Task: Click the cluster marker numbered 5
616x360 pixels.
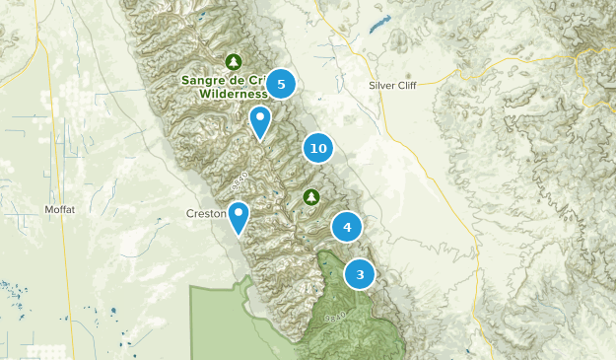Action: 281,85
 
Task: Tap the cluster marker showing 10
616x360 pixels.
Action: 317,149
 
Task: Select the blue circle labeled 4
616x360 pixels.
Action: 347,227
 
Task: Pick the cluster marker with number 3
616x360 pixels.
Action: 360,274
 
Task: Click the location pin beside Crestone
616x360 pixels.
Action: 239,217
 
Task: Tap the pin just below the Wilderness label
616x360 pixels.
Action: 260,121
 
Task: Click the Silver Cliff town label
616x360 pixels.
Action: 392,86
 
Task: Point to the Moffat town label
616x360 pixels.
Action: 60,210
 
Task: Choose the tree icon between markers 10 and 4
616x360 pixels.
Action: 311,196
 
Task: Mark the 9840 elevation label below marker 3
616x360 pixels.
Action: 336,319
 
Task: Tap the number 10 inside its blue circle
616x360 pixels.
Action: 317,149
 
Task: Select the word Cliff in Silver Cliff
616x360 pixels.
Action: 406,86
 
